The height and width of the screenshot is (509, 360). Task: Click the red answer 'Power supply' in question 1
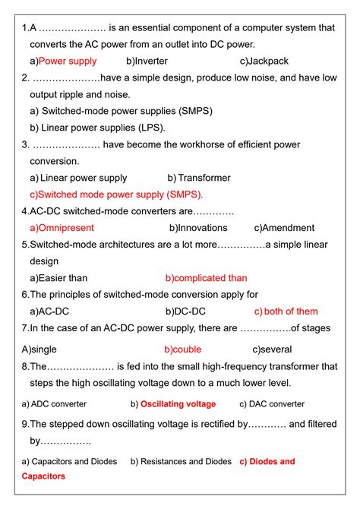click(68, 61)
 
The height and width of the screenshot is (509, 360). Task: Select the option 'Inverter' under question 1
click(151, 61)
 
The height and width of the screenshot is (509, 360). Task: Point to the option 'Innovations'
click(201, 228)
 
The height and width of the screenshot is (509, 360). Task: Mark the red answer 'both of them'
click(290, 311)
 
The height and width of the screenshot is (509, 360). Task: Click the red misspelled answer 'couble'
click(187, 349)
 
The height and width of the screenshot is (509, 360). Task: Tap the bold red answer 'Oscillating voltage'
click(178, 404)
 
